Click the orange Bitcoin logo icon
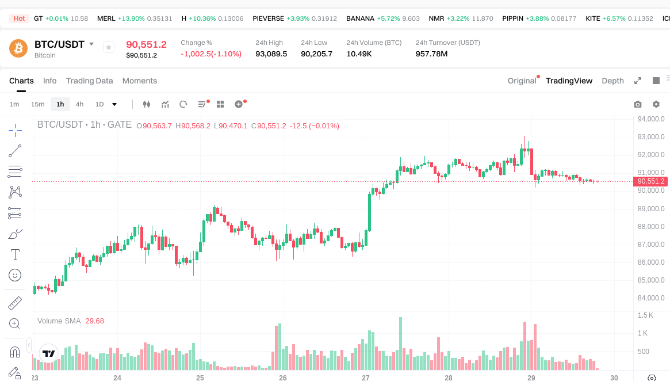click(18, 48)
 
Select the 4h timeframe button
click(79, 104)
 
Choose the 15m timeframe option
click(38, 104)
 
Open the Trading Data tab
click(89, 81)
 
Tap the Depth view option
click(612, 81)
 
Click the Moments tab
click(140, 81)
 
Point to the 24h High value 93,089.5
click(271, 54)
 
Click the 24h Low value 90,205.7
click(316, 54)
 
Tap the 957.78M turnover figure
click(431, 54)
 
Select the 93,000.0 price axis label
click(651, 137)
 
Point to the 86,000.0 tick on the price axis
click(651, 262)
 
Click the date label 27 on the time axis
click(366, 378)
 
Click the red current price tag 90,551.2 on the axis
click(651, 181)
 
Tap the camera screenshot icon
click(638, 104)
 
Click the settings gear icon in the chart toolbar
click(656, 104)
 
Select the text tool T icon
click(16, 254)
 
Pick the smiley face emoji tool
click(16, 275)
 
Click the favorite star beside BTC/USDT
click(109, 47)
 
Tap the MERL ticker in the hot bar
click(106, 18)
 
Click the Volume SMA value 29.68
click(95, 321)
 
